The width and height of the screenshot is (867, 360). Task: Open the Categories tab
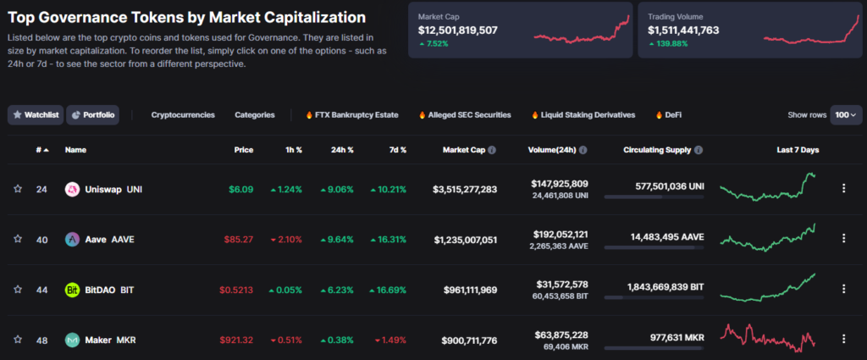[254, 114]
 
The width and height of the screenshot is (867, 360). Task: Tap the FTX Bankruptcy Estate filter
[351, 114]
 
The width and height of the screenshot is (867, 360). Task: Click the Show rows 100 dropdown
[846, 114]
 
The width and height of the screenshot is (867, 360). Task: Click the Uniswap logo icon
[72, 189]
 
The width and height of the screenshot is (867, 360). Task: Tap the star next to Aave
[18, 240]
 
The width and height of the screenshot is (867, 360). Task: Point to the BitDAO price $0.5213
[236, 290]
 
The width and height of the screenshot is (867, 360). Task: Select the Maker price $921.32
[236, 340]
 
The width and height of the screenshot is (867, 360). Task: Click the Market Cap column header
[463, 150]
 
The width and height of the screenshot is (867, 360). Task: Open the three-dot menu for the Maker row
[843, 339]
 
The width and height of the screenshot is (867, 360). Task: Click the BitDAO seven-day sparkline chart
[768, 288]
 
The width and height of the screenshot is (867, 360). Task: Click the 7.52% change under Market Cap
[437, 44]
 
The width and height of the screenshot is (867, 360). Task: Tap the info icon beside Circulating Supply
[699, 150]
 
